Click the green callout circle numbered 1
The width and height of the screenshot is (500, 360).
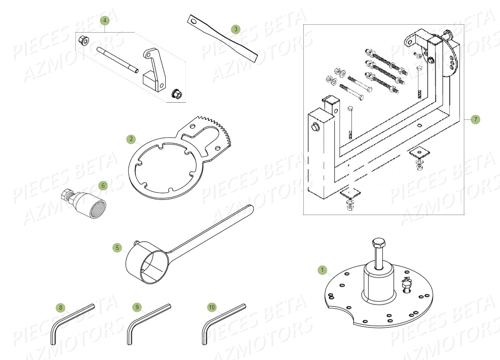point(322,270)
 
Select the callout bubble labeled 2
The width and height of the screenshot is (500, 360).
point(131,139)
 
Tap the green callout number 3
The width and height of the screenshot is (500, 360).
point(235,30)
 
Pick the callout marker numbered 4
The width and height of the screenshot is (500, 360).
point(104,20)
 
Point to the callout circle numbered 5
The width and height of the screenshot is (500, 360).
point(117,248)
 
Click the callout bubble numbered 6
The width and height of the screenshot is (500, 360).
point(103,186)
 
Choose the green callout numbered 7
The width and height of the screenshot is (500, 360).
point(475,119)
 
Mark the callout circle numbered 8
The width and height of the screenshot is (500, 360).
point(61,307)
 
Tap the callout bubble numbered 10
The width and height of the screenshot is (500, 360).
point(212,307)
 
